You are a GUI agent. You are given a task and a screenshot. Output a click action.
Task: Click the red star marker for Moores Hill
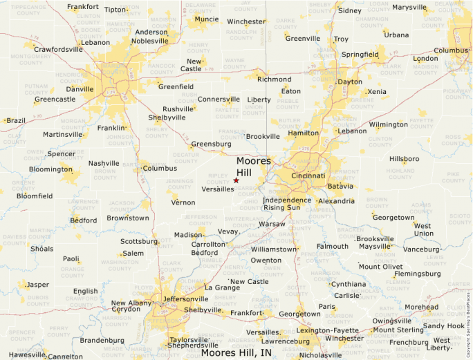point(236,180)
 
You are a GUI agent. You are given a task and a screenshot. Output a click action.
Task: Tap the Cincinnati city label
point(308,176)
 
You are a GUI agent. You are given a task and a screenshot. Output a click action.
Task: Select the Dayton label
point(350,82)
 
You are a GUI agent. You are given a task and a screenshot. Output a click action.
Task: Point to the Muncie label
point(206,19)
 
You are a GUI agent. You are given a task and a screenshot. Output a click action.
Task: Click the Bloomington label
point(50,169)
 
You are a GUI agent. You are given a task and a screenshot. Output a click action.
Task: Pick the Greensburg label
point(211,144)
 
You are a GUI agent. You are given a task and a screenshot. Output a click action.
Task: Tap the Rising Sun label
point(282,208)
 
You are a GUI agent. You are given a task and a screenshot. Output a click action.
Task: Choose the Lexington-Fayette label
point(328,331)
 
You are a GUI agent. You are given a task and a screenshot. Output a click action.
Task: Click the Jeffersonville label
point(185,299)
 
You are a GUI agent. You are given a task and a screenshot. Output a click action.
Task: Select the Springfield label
point(360,54)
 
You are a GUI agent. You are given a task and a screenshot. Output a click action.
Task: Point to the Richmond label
point(274,79)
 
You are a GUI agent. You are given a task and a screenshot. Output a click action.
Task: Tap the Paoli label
point(71,259)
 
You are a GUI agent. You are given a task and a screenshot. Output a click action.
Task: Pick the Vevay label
point(228,232)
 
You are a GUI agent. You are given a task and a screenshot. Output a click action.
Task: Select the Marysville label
point(409,8)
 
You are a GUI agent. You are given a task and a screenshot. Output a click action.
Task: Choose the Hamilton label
point(304,133)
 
